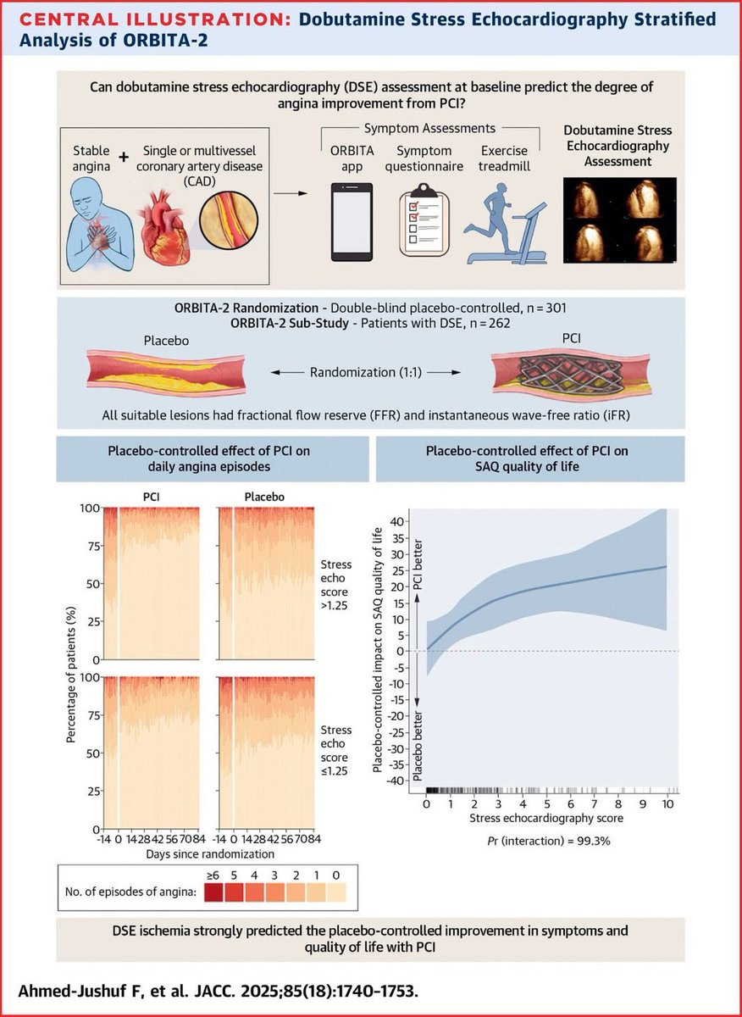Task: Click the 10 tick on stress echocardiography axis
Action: [x=667, y=803]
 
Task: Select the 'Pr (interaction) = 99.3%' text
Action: [x=545, y=843]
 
